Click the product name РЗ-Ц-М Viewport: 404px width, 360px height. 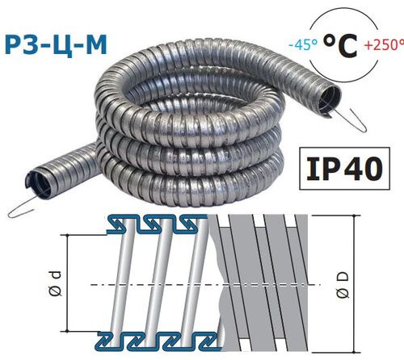click(x=56, y=46)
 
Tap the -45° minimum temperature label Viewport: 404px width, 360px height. click(x=303, y=44)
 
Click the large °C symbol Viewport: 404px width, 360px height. click(x=340, y=45)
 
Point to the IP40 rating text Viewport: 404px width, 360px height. click(x=344, y=169)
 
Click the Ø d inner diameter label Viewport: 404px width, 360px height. click(x=56, y=283)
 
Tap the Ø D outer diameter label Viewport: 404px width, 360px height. click(x=343, y=285)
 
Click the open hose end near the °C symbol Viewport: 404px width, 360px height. click(x=329, y=102)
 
